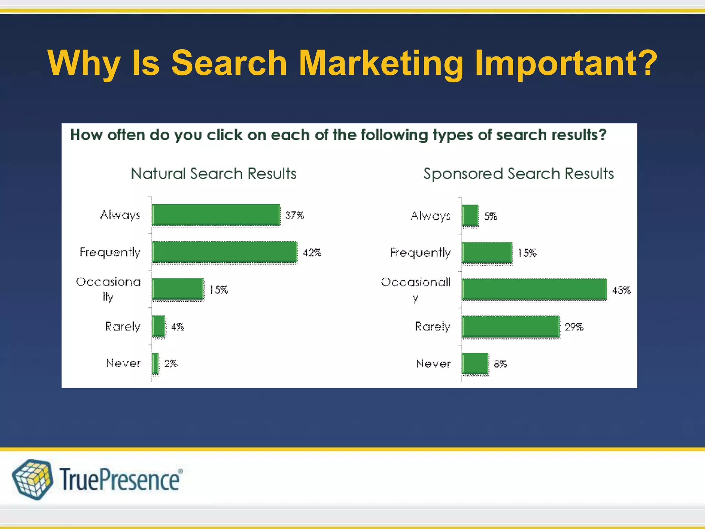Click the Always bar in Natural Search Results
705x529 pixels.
click(x=216, y=215)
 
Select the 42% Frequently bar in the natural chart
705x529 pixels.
click(x=224, y=252)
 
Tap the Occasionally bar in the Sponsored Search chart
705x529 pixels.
click(x=534, y=289)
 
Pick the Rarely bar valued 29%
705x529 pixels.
click(x=511, y=326)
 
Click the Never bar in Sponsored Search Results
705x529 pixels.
click(x=475, y=363)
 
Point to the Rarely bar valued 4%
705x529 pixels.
click(x=158, y=326)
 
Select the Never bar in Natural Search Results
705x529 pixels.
click(x=155, y=363)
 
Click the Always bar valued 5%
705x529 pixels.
click(x=470, y=216)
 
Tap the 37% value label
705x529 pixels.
click(x=295, y=216)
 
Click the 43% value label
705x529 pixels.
click(x=621, y=290)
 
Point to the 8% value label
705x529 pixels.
click(x=500, y=364)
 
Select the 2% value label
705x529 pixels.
click(x=171, y=364)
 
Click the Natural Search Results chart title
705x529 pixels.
click(x=213, y=174)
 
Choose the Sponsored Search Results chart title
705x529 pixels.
click(x=518, y=174)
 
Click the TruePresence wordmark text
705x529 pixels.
click(x=120, y=479)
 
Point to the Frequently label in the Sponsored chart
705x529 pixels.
click(x=420, y=253)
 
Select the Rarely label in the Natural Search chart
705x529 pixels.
click(x=123, y=326)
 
